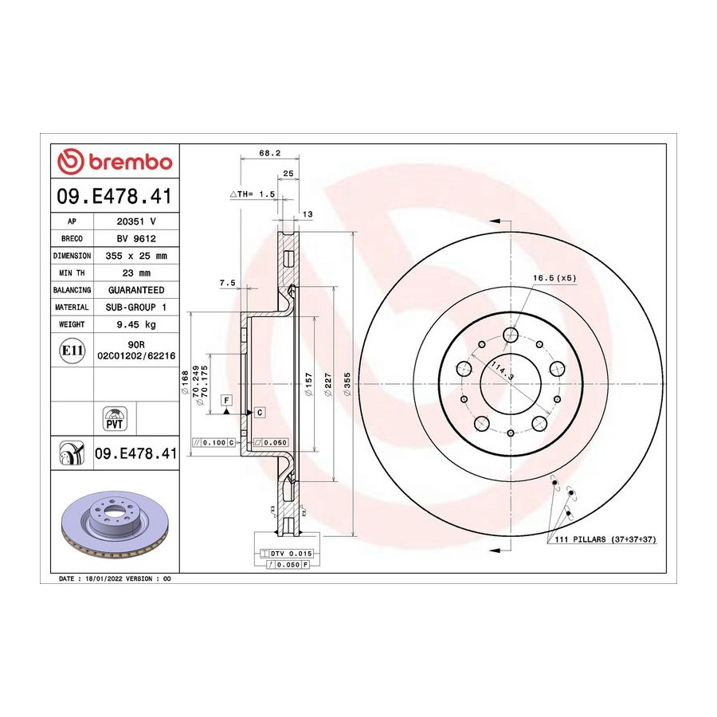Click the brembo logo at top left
115,162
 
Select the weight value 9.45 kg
136,324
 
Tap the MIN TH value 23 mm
136,273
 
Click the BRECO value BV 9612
136,239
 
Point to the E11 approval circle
72,351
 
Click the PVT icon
114,418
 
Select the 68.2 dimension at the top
270,153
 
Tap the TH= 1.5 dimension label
253,194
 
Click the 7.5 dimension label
227,283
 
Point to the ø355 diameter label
347,384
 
